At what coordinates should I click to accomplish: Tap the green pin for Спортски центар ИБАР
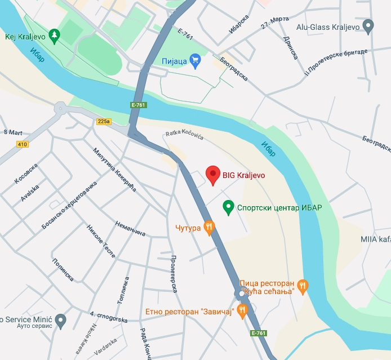pyautogui.click(x=228, y=207)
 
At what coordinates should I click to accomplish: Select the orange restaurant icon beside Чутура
pyautogui.click(x=209, y=227)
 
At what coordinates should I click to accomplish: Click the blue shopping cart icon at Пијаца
pyautogui.click(x=195, y=60)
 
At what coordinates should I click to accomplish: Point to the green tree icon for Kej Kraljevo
pyautogui.click(x=55, y=35)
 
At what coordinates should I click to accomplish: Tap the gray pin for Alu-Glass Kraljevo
pyautogui.click(x=368, y=26)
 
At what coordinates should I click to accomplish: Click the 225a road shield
pyautogui.click(x=104, y=121)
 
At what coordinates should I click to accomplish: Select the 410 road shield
pyautogui.click(x=22, y=144)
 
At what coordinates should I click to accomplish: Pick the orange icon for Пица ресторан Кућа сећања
pyautogui.click(x=303, y=286)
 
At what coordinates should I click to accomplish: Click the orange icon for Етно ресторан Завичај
pyautogui.click(x=242, y=310)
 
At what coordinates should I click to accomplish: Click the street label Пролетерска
pyautogui.click(x=174, y=273)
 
